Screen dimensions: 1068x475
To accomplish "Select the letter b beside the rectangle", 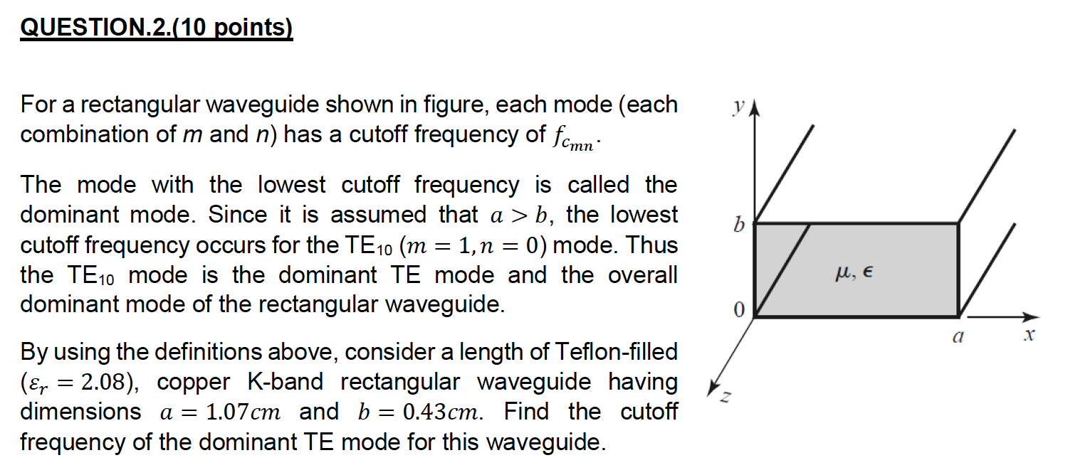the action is tap(738, 225).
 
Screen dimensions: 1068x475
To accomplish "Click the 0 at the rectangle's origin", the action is tap(738, 310).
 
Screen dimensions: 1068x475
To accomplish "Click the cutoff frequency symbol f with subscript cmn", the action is tap(577, 137).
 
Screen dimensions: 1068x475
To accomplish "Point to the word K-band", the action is tap(286, 383).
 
